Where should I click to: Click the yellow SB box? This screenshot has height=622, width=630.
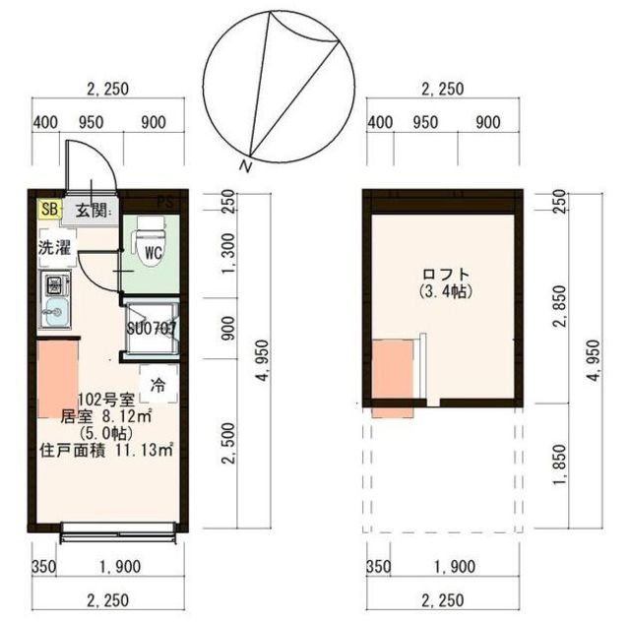[x=50, y=209]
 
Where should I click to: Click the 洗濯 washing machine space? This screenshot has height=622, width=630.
[x=55, y=247]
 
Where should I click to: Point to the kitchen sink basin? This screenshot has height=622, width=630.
[x=56, y=312]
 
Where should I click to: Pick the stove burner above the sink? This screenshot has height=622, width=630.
[x=54, y=284]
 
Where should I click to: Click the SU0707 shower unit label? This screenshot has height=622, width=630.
[x=152, y=329]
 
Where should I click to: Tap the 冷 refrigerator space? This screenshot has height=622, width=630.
[x=157, y=384]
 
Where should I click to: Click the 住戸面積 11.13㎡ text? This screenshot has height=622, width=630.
[x=106, y=450]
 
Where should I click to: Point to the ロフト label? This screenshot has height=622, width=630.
[x=446, y=274]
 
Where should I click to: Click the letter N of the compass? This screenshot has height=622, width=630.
[x=245, y=165]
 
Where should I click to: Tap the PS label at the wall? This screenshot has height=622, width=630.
[x=166, y=202]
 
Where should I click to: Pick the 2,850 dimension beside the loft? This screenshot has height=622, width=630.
[x=559, y=306]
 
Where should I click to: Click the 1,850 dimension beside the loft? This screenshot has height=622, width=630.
[x=559, y=465]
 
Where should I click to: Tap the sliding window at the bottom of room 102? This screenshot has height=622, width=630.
[x=118, y=532]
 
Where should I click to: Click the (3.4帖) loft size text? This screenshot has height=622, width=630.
[x=445, y=291]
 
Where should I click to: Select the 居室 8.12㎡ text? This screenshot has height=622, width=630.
[x=106, y=416]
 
